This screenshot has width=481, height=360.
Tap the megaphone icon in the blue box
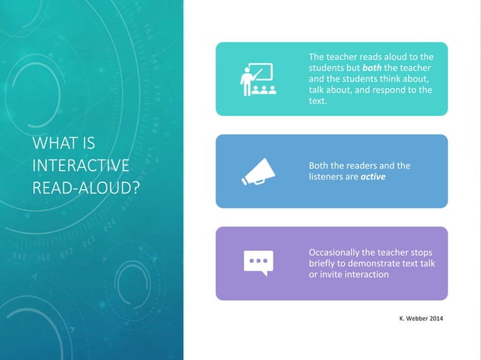point(258,172)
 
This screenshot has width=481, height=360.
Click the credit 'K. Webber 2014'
point(421,321)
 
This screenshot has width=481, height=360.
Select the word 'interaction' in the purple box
point(365,274)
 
